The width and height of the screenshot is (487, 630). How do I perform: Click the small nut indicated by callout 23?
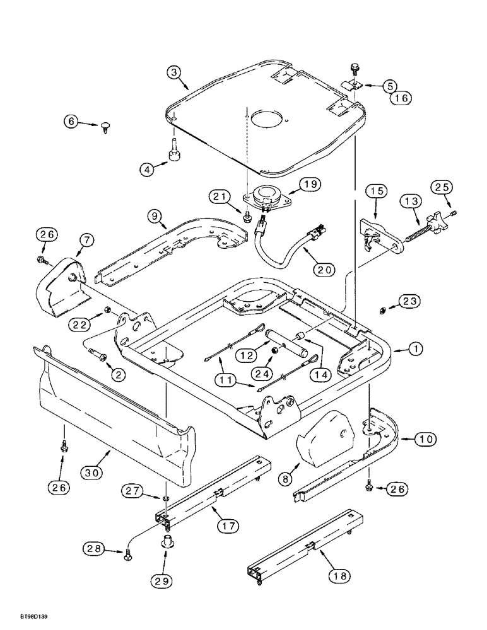click(x=382, y=309)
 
